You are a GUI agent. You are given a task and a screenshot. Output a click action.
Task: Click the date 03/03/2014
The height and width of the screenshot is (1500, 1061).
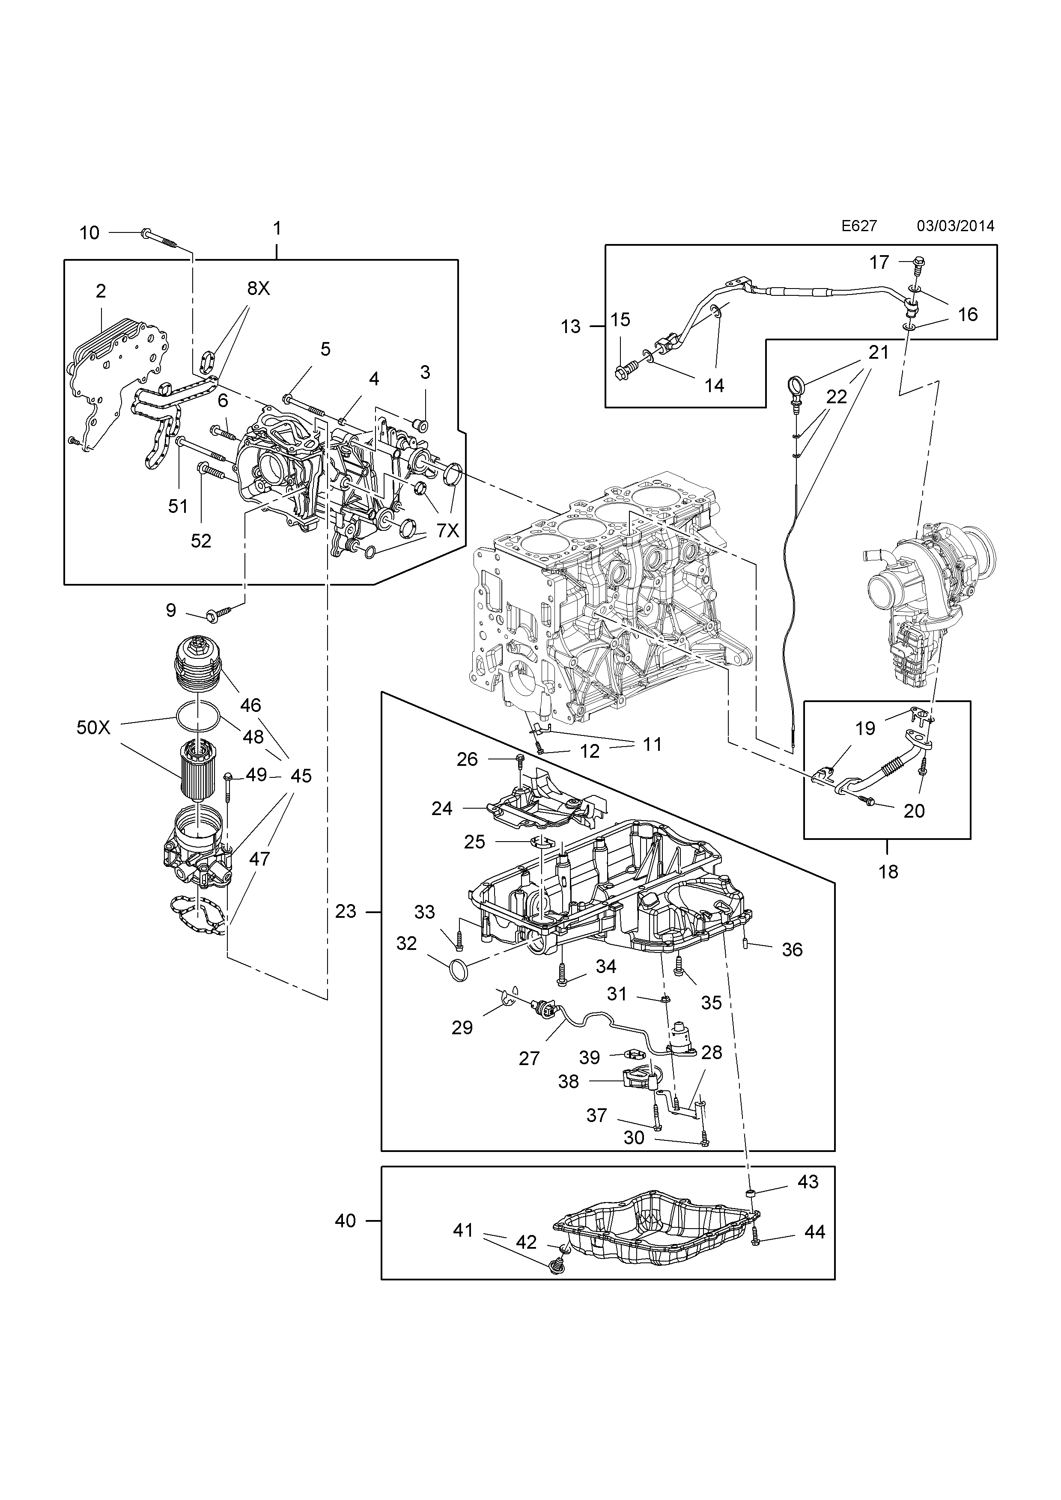pos(955,226)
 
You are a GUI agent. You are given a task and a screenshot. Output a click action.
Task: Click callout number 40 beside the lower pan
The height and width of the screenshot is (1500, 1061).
pos(345,1220)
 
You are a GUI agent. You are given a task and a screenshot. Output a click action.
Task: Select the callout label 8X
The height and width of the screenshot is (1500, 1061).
pos(258,289)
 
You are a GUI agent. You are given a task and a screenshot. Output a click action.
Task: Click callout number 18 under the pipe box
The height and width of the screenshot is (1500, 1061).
pos(888,872)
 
